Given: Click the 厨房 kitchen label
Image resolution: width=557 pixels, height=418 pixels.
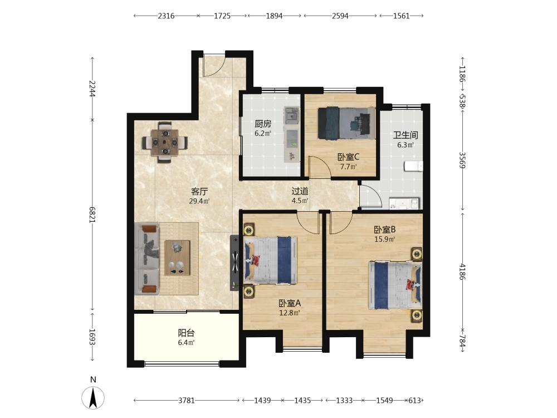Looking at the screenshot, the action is tap(263, 124).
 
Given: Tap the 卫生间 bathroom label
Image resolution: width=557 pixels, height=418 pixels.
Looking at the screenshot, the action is tap(405, 135).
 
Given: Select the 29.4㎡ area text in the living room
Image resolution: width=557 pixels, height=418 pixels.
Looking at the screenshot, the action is tap(199, 201).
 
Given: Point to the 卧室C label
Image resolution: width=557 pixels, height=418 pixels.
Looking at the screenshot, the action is tap(349, 157).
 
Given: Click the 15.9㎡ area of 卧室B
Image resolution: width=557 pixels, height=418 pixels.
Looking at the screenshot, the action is tap(385, 239).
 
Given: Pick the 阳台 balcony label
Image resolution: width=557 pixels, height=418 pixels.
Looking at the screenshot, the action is tap(186, 333).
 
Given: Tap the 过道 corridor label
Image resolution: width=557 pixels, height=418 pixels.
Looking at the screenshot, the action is tap(300, 191).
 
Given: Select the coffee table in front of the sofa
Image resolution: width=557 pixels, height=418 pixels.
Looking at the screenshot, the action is tap(177, 257).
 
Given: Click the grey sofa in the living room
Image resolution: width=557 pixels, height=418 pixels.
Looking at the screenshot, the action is tap(148, 259).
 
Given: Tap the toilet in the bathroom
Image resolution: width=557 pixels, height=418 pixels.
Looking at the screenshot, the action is tap(413, 166).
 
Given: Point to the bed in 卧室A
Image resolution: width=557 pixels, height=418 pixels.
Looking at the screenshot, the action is tap(270, 260).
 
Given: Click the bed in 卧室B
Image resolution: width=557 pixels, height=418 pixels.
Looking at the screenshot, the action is tap(395, 285).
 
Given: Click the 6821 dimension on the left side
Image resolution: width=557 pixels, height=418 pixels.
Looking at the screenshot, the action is tap(92, 215).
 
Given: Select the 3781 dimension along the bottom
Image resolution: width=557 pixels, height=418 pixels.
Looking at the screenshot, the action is tap(187, 401).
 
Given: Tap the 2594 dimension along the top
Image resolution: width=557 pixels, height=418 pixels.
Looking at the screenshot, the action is tap(340, 16).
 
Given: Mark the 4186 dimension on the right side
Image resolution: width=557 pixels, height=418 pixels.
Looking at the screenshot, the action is tap(462, 271).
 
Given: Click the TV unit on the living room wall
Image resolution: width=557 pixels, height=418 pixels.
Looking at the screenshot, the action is tap(234, 263).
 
